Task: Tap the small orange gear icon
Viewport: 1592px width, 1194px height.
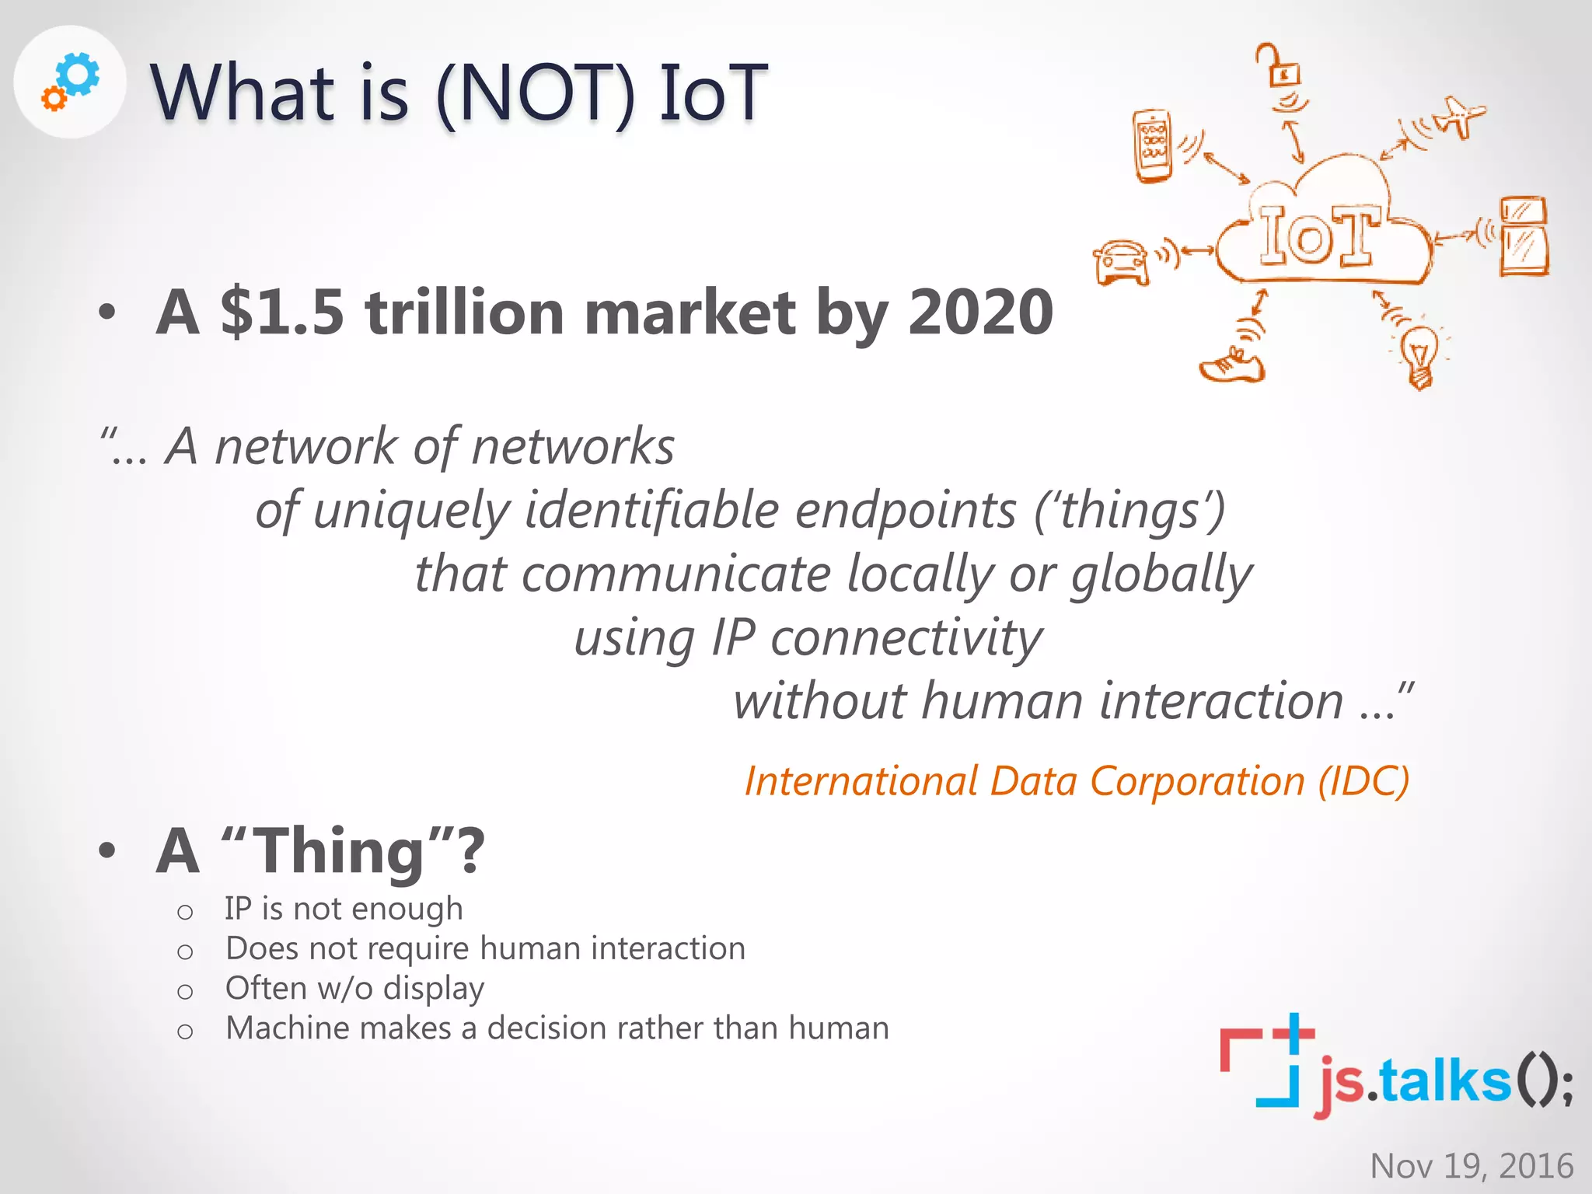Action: click(x=54, y=99)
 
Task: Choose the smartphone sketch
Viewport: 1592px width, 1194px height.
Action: click(x=1153, y=146)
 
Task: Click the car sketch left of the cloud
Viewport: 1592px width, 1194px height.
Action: click(x=1121, y=261)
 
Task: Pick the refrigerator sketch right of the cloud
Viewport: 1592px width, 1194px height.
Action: click(x=1524, y=236)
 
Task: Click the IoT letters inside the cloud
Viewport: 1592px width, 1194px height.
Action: click(x=1319, y=235)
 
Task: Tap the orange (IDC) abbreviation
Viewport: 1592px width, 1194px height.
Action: click(x=1363, y=781)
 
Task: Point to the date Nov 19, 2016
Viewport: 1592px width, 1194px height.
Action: click(x=1471, y=1166)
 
